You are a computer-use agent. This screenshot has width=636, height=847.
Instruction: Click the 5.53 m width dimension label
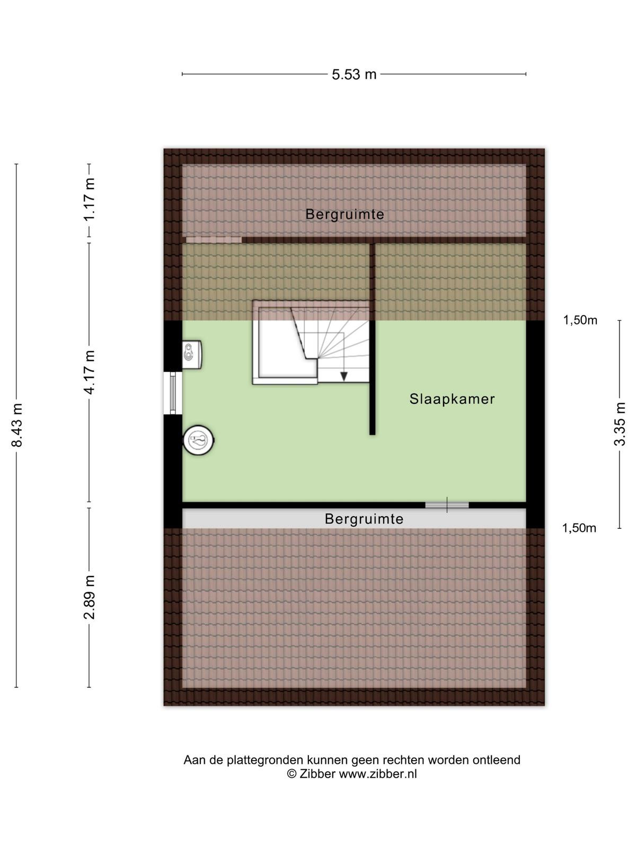(354, 74)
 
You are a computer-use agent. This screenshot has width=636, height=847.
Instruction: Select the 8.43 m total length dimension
(17, 425)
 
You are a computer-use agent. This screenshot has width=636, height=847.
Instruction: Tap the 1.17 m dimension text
(89, 200)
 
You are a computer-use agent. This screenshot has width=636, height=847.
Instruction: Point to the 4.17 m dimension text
(89, 372)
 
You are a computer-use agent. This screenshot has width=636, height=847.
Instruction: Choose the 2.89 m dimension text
(89, 597)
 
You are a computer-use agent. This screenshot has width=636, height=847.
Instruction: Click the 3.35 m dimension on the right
(620, 424)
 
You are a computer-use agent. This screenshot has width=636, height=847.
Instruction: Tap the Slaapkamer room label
(452, 399)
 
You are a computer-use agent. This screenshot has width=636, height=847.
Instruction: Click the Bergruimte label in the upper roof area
(344, 214)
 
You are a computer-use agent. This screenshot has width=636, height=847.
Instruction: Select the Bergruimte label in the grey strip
(364, 519)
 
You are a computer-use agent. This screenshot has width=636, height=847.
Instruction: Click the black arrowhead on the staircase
(343, 376)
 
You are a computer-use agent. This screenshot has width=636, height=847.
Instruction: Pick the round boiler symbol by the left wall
(198, 440)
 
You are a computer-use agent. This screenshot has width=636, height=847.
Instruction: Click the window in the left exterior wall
(173, 393)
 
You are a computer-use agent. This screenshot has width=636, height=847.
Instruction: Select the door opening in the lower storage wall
(447, 504)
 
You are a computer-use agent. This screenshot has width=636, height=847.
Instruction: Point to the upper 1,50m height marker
(580, 320)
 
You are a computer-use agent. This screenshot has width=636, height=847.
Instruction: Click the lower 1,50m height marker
(579, 528)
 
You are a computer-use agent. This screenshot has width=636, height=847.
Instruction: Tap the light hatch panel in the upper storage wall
(214, 240)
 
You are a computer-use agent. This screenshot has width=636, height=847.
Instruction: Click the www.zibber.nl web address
(378, 774)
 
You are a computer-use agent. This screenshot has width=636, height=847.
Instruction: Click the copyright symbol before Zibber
(291, 774)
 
